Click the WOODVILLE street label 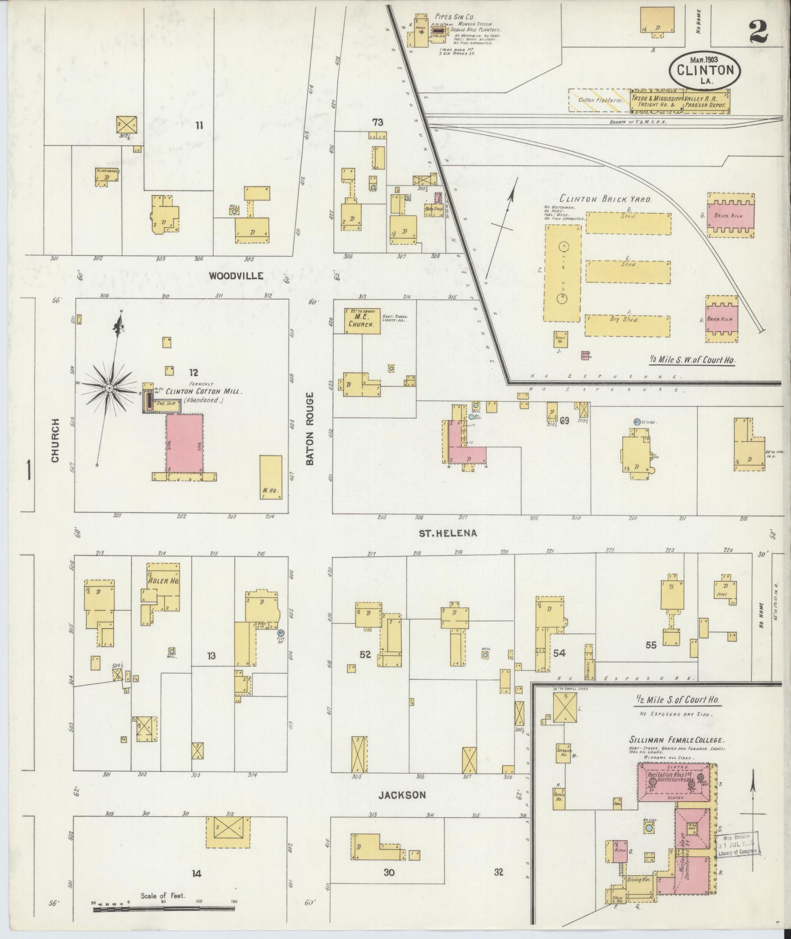pyautogui.click(x=236, y=276)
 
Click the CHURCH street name pyautogui.click(x=55, y=440)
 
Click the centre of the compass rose pyautogui.click(x=109, y=388)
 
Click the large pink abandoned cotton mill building pyautogui.click(x=184, y=442)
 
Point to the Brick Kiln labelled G pyautogui.click(x=730, y=215)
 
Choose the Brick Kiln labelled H pyautogui.click(x=722, y=319)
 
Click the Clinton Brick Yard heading pyautogui.click(x=606, y=200)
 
